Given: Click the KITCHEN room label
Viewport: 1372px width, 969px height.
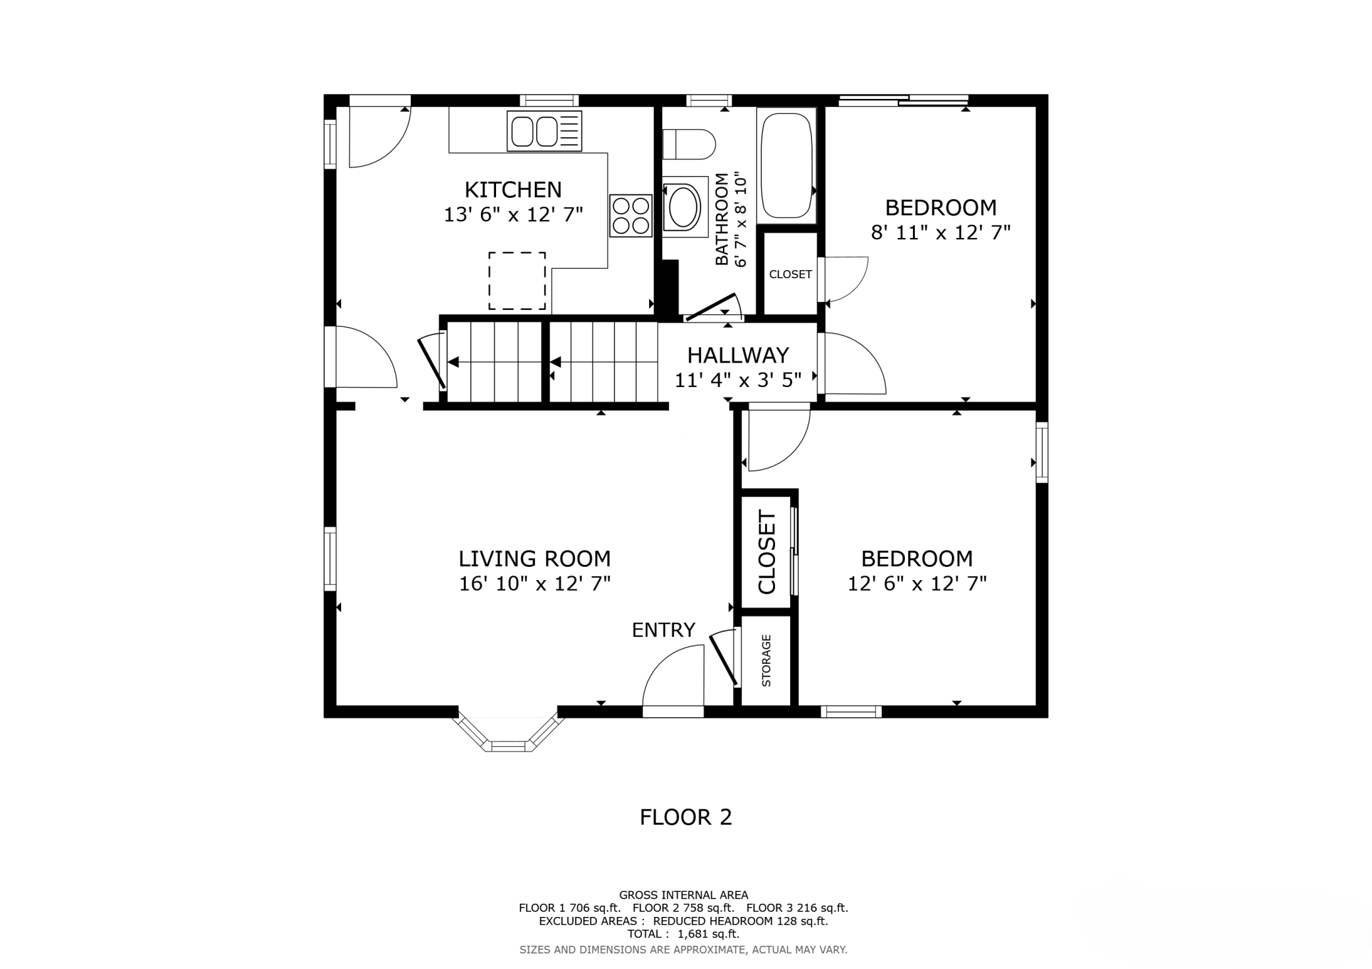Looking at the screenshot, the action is [x=513, y=190].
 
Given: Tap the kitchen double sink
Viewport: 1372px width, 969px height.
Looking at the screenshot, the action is [x=545, y=131].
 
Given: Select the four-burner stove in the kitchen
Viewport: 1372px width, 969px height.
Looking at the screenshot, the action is [x=631, y=216].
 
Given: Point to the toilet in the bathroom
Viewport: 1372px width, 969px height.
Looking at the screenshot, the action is [x=689, y=144].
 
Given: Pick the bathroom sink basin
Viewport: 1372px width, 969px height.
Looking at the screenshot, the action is [x=683, y=206].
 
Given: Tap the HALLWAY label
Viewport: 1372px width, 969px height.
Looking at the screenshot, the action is [x=738, y=356].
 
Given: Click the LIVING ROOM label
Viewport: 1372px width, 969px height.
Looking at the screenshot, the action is [x=535, y=559].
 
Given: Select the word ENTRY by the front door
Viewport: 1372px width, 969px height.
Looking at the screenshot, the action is [x=664, y=630].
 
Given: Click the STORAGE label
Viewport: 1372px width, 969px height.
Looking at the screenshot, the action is [x=766, y=661].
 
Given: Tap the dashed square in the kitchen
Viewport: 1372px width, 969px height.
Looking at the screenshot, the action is [x=517, y=281].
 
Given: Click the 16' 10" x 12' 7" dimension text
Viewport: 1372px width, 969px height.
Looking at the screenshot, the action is [x=535, y=584].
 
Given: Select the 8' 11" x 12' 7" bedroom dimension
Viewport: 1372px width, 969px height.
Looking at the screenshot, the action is [x=941, y=233].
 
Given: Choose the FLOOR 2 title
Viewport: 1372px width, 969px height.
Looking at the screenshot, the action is [x=686, y=817].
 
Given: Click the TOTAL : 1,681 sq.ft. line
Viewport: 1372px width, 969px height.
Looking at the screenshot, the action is [x=683, y=934].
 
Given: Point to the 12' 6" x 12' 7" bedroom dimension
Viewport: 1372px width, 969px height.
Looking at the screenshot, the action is [x=918, y=584].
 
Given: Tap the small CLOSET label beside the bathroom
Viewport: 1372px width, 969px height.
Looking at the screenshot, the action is [x=790, y=274].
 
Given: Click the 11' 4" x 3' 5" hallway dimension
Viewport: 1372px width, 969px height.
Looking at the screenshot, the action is [x=738, y=380].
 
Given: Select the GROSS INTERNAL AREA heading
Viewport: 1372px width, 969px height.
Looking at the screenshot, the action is [x=683, y=895].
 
